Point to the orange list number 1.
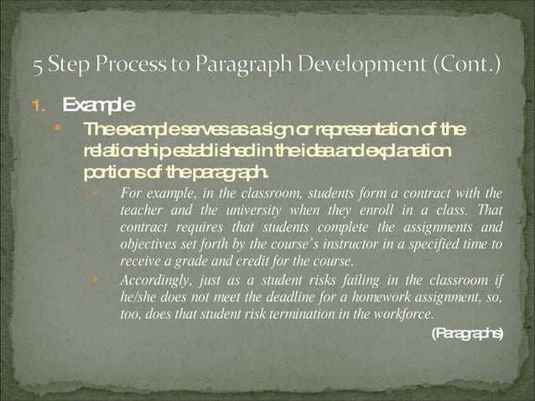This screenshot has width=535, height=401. [36, 106]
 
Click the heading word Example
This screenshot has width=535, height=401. [98, 105]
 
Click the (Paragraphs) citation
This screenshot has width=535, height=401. [466, 334]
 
